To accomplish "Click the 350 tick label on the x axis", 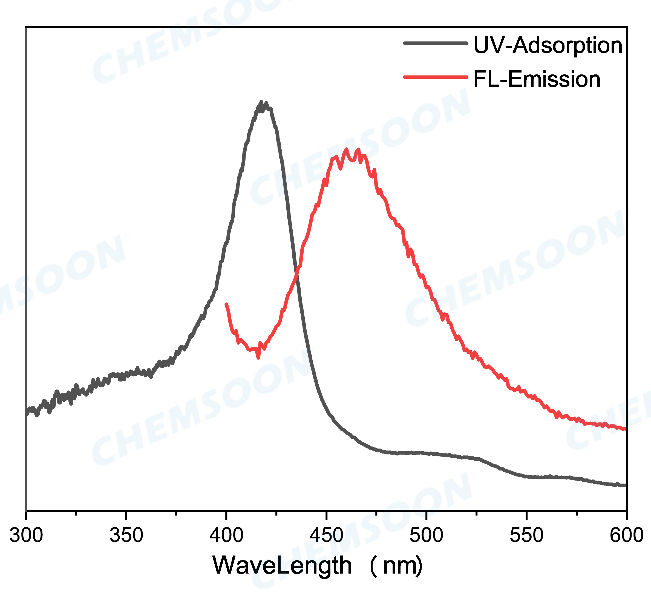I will pyautogui.click(x=126, y=535).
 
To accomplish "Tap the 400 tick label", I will pyautogui.click(x=226, y=535).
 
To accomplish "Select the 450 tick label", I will pyautogui.click(x=326, y=535).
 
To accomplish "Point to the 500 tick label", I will pyautogui.click(x=426, y=535).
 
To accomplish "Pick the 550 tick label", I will pyautogui.click(x=526, y=535).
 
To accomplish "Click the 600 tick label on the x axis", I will pyautogui.click(x=626, y=535).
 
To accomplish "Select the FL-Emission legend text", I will pyautogui.click(x=537, y=79).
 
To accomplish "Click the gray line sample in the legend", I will pyautogui.click(x=436, y=43).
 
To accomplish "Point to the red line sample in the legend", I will pyautogui.click(x=436, y=77).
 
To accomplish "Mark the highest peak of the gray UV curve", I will pyautogui.click(x=261, y=102).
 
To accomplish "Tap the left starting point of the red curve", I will pyautogui.click(x=226, y=304).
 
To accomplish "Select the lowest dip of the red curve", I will pyautogui.click(x=258, y=358).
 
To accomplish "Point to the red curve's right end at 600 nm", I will pyautogui.click(x=625, y=429).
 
